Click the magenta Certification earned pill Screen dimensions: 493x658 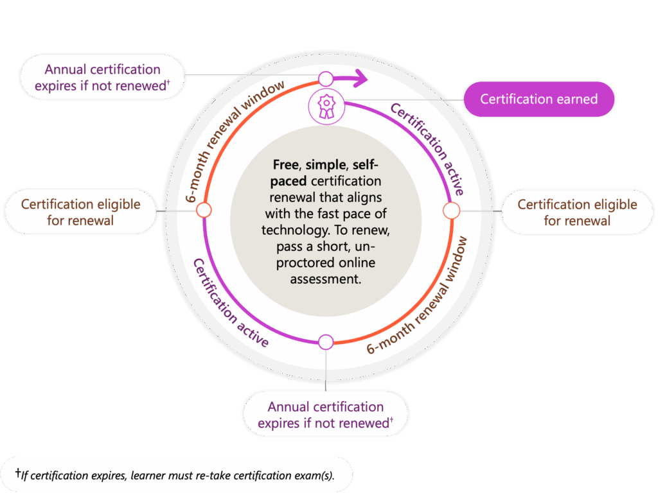538,99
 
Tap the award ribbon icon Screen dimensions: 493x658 326,107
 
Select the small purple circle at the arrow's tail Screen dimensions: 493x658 326,79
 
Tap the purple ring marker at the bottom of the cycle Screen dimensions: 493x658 326,342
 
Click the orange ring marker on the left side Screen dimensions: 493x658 203,210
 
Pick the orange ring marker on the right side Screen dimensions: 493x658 451,210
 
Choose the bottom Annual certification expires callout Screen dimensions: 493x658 325,415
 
